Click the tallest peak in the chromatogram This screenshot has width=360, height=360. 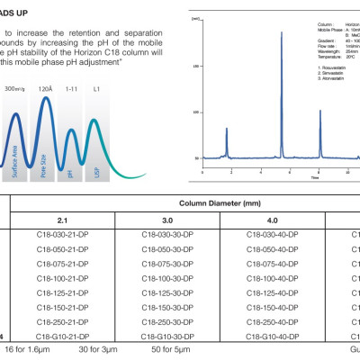pos(282,34)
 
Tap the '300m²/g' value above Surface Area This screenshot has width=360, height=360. pos(15,90)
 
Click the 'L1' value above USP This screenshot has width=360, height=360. pos(96,90)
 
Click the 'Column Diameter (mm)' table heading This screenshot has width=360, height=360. pos(235,203)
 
